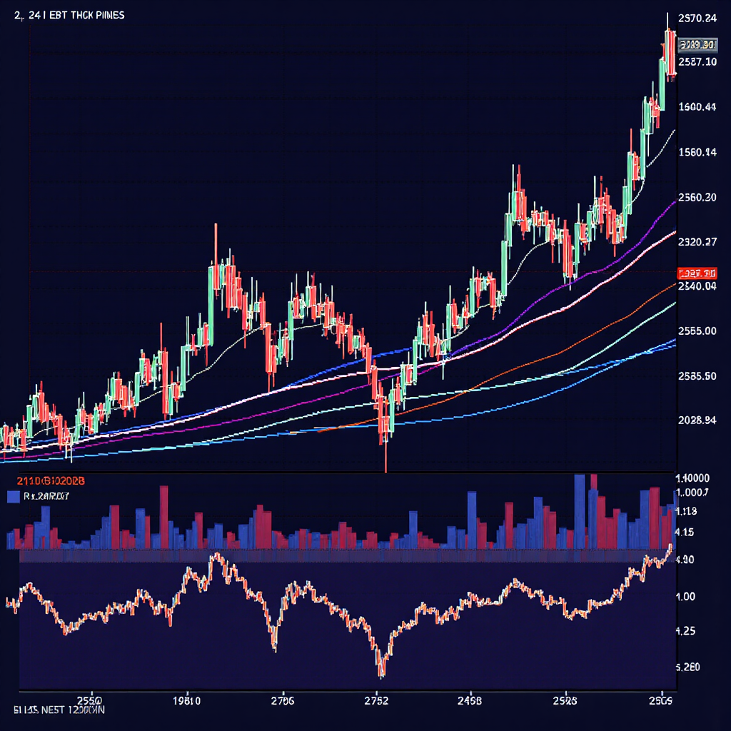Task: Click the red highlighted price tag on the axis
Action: tap(697, 273)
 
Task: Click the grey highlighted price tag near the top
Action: tap(697, 45)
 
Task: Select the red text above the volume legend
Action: tap(45, 480)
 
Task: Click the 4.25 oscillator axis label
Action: tap(687, 631)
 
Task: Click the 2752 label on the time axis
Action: tap(375, 700)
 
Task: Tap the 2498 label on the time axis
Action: tap(469, 700)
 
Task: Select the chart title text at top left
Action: tap(69, 15)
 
